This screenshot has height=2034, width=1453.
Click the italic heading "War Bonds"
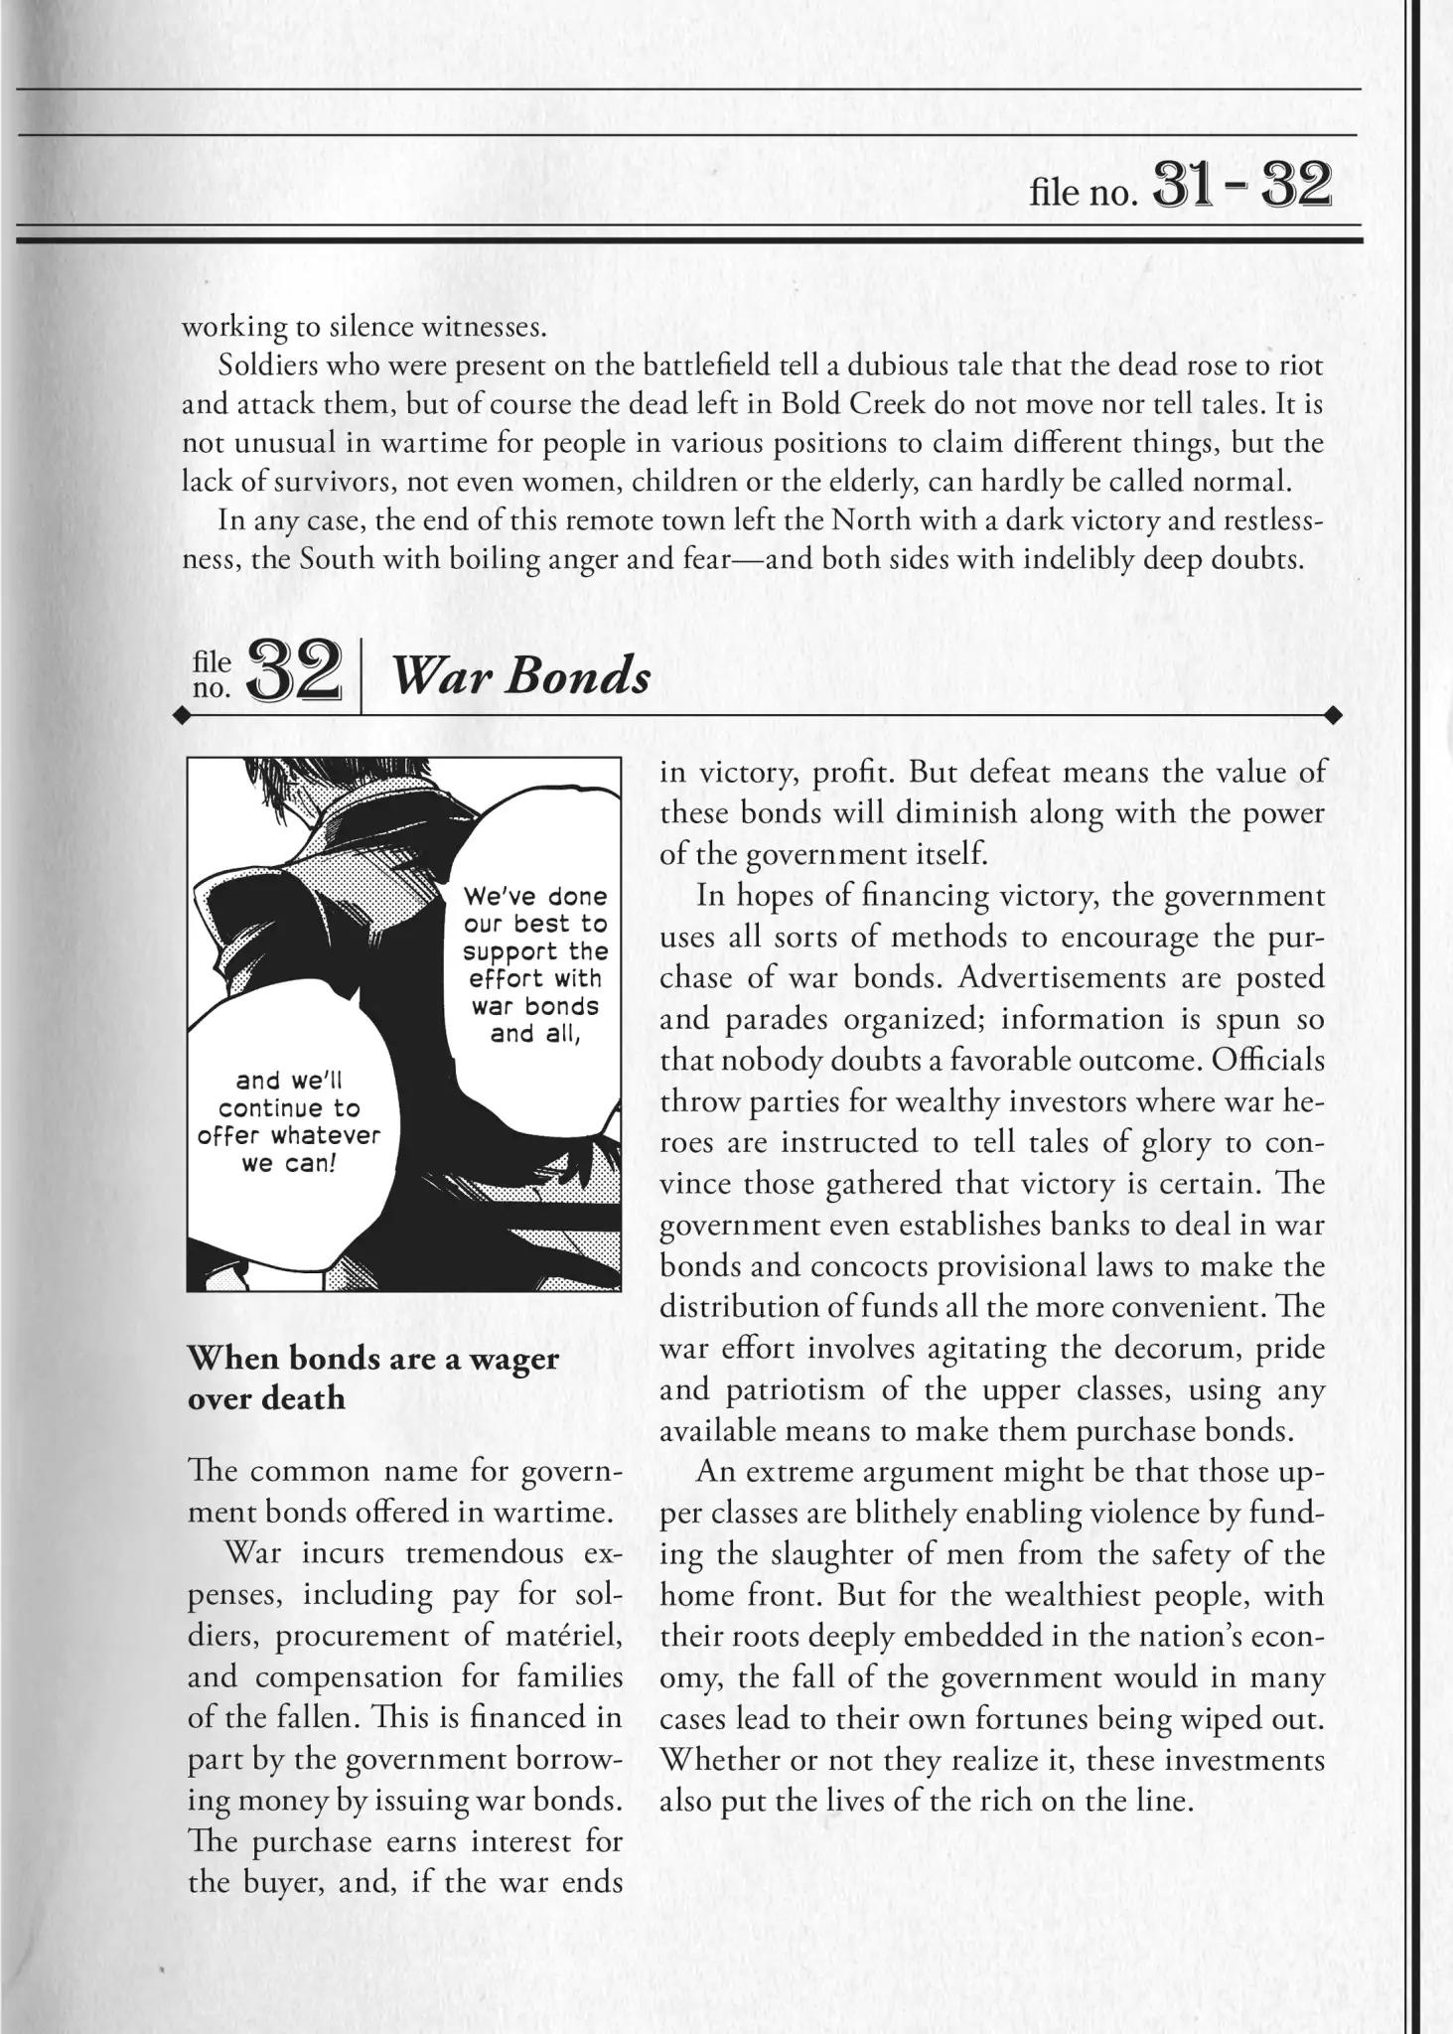(521, 677)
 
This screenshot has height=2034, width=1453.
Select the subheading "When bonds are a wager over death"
(372, 1378)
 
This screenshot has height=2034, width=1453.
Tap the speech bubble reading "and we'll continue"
(289, 1121)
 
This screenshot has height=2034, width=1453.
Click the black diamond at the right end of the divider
(1334, 715)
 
